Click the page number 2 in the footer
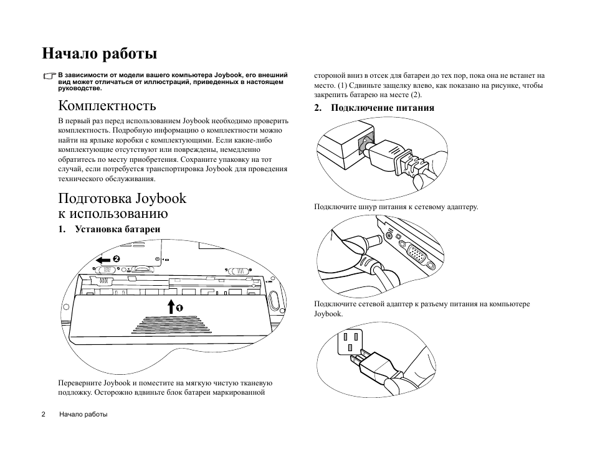coord(44,414)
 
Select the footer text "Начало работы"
coord(83,414)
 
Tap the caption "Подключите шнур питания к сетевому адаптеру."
coord(396,207)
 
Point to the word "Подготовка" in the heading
coord(95,199)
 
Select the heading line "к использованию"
coord(113,214)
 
